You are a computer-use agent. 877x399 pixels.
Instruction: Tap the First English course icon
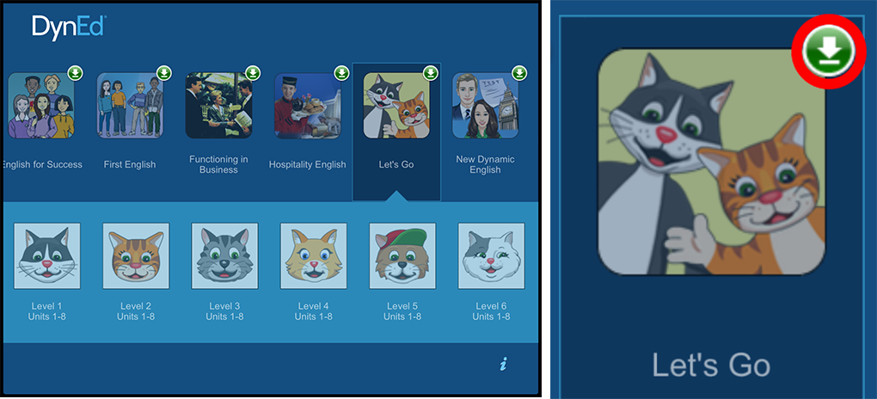click(130, 105)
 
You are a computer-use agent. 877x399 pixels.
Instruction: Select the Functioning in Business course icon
click(218, 105)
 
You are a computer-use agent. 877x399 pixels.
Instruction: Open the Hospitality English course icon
click(308, 105)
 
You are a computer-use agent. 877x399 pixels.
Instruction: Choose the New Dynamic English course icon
click(485, 105)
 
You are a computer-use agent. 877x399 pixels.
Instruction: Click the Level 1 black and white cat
click(47, 255)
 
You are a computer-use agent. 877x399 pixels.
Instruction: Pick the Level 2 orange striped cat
click(136, 255)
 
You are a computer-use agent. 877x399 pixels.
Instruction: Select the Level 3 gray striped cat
click(225, 255)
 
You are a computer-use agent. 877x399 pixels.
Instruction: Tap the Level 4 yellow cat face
click(313, 255)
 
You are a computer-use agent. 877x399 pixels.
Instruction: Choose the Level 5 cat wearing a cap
click(402, 255)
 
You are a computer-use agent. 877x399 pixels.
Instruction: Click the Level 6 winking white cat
click(491, 255)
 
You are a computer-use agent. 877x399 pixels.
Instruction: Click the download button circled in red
click(829, 52)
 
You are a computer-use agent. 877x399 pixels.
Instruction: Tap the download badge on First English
click(164, 73)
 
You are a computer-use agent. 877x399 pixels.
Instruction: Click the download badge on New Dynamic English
click(519, 73)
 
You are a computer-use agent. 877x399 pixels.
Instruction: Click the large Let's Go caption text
click(711, 365)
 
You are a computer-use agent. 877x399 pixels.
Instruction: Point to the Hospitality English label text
click(308, 164)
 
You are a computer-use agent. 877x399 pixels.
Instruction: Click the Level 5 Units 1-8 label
click(402, 311)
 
